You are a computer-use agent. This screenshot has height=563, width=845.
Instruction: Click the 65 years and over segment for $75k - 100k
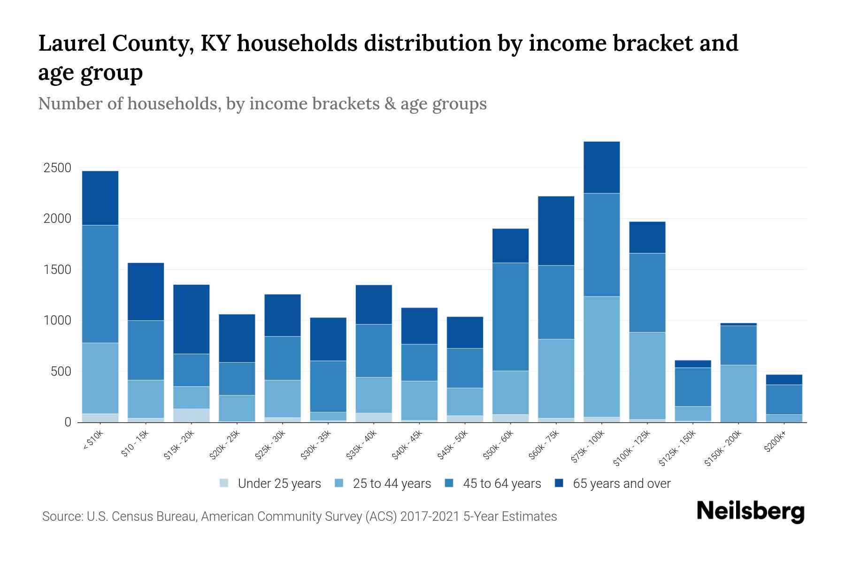tap(601, 167)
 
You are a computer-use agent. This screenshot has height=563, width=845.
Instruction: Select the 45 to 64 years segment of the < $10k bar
tap(100, 284)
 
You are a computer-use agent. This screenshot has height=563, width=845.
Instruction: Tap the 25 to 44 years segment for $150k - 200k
tap(738, 393)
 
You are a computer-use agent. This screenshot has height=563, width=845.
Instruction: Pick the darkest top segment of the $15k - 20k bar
tap(191, 319)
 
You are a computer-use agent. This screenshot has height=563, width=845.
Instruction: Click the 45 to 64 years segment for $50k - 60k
tap(510, 317)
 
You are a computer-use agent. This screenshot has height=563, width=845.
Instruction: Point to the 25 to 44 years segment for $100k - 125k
tap(647, 375)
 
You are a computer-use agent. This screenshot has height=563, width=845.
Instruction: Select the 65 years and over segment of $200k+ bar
tap(784, 380)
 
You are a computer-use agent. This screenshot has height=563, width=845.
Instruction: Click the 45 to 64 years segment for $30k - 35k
tap(328, 386)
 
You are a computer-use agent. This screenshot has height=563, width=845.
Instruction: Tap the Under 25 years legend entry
tap(279, 484)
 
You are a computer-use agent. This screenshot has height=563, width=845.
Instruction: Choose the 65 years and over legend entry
tap(621, 484)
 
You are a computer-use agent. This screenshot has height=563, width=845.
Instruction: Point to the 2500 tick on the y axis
tap(57, 168)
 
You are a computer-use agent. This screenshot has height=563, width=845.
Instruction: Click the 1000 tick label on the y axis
tap(57, 321)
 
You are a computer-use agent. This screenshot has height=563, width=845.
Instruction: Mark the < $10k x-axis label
tap(93, 440)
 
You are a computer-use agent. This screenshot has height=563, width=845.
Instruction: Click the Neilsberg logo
tap(750, 511)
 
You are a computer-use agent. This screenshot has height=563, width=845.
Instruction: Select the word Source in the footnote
tap(61, 517)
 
